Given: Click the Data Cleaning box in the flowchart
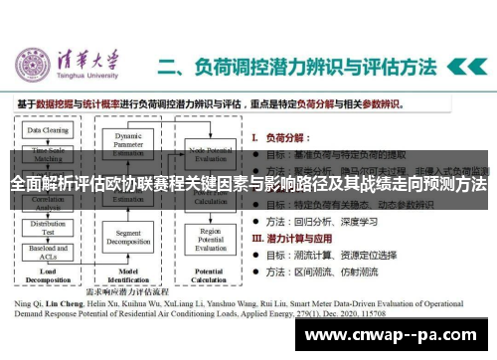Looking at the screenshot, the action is click(x=48, y=129).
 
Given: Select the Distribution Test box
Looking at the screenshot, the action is click(x=48, y=228).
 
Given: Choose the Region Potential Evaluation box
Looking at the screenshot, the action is click(x=210, y=242).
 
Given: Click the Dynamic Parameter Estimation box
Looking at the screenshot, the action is click(x=128, y=143).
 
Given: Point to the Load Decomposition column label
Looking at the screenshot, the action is click(x=46, y=275).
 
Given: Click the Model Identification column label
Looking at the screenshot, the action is click(x=128, y=275).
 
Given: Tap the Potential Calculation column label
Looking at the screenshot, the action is click(x=210, y=275).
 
